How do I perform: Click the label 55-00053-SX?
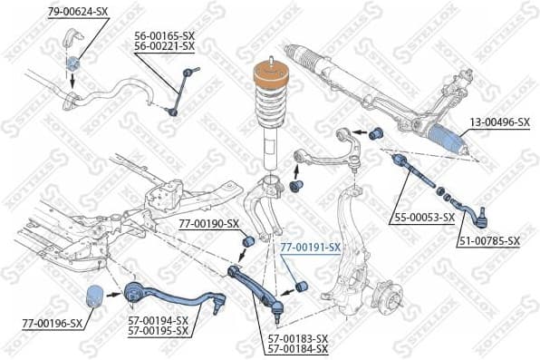(424, 219)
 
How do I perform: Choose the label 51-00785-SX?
(489, 240)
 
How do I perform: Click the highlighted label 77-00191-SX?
(310, 247)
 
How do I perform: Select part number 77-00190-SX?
(208, 223)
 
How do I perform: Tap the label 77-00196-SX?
(52, 323)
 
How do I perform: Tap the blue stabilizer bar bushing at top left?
(73, 63)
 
